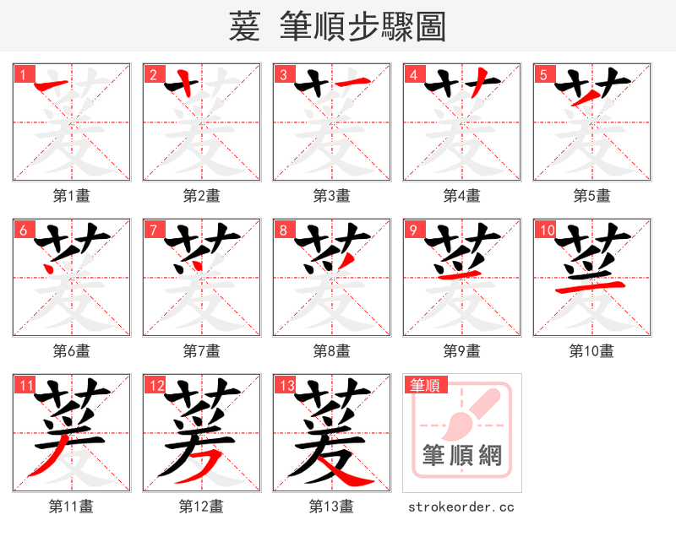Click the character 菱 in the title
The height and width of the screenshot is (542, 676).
[244, 27]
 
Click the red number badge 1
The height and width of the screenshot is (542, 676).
[22, 74]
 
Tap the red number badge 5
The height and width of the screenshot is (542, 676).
[542, 74]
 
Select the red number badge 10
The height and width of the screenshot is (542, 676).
[546, 230]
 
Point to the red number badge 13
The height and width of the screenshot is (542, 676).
[286, 385]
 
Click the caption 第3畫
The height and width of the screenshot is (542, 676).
[331, 196]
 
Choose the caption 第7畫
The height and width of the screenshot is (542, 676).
[201, 350]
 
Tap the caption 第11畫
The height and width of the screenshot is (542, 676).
[71, 507]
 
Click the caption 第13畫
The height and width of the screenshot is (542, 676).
[331, 507]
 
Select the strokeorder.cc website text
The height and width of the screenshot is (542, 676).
[461, 507]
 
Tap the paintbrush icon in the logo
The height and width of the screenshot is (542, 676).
[473, 414]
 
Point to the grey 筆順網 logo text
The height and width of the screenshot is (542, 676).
[462, 456]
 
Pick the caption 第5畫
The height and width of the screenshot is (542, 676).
[591, 196]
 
